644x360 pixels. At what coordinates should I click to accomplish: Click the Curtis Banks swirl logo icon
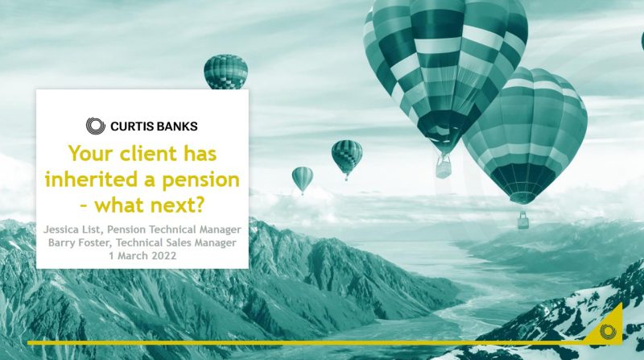[x=96, y=126]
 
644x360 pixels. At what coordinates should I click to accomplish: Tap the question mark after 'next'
[x=198, y=205]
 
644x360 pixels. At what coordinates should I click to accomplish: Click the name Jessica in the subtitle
[x=61, y=230]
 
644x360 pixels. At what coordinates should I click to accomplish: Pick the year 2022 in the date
[x=164, y=255]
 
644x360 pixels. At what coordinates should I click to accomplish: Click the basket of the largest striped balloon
[x=444, y=168]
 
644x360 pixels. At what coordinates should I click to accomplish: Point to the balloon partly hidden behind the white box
[x=226, y=72]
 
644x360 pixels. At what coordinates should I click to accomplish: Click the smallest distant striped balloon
[x=303, y=179]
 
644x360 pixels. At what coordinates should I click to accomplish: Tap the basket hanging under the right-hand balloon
[x=523, y=221]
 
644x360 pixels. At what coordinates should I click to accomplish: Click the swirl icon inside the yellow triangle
[x=608, y=331]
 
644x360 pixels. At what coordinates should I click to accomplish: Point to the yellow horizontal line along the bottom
[x=306, y=342]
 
